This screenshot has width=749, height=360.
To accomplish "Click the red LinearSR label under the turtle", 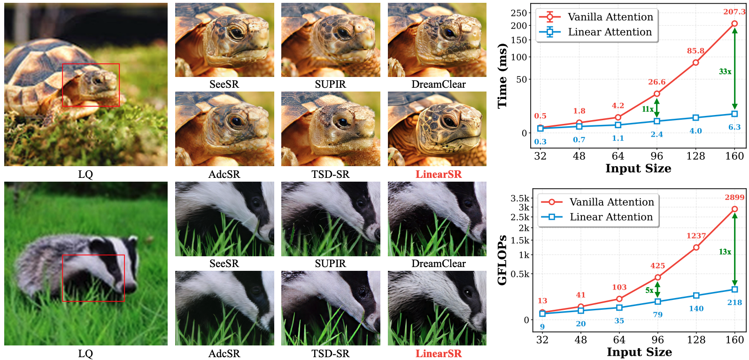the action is pos(439,174).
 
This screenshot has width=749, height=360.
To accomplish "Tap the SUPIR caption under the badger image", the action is pos(331,263).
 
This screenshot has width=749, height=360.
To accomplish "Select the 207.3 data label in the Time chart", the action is pos(734,12).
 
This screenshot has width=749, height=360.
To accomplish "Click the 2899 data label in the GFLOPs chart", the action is pos(734,197).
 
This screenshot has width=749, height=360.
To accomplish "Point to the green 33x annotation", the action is pos(725,71).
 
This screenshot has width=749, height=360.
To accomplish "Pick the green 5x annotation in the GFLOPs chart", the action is pos(649,290).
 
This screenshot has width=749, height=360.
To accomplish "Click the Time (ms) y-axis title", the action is pos(502,76).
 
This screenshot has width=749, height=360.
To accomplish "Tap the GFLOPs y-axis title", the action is pos(502,260).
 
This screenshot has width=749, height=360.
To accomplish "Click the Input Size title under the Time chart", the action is pos(638,168).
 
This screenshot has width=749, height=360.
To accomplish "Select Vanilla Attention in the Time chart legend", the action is pos(610,17).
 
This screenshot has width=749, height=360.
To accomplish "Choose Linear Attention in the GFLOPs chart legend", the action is pos(611,217).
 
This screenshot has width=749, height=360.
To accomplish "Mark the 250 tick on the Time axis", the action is pos(518,13).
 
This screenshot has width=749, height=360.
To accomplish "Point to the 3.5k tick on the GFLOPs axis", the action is pos(520,198).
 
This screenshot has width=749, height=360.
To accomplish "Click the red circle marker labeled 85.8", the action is pos(696,62).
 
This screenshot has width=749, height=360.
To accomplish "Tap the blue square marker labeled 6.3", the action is pos(734,114).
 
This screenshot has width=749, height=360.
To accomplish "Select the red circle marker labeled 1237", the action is pos(696,247).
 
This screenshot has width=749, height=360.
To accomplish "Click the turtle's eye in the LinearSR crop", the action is pos(449,121).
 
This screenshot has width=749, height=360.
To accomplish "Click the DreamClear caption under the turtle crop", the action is pos(439,84).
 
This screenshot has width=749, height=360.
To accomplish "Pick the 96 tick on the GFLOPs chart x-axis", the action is pos(657,340).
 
